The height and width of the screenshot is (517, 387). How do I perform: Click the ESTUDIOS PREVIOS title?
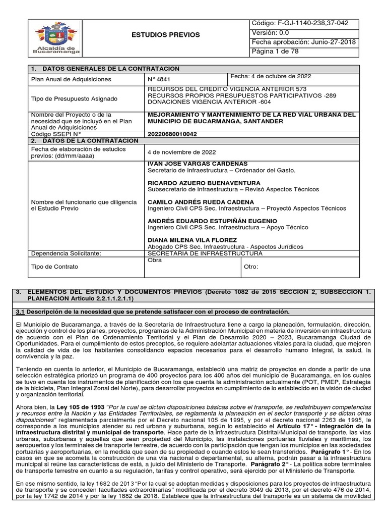pos(173,35)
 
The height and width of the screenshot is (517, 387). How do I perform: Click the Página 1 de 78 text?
pos(276,52)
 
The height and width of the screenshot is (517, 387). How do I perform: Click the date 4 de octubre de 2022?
pos(271,76)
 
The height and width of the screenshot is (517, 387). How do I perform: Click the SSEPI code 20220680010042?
pos(173,134)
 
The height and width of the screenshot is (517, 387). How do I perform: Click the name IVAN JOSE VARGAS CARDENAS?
pos(190,164)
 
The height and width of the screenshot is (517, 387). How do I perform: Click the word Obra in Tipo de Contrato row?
pos(153,261)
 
